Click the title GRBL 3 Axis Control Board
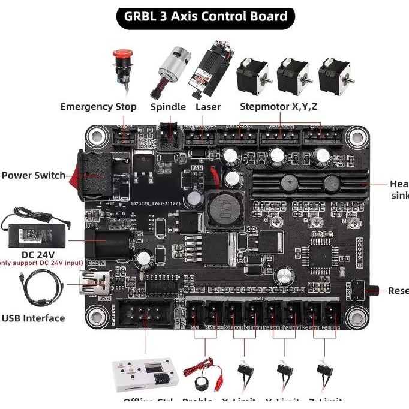pos(204,16)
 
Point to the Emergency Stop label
pos(98,107)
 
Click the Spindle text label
pos(168,107)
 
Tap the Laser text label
pos(208,107)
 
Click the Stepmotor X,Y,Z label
pos(279,107)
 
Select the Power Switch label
pos(34,175)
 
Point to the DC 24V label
pos(38,254)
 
